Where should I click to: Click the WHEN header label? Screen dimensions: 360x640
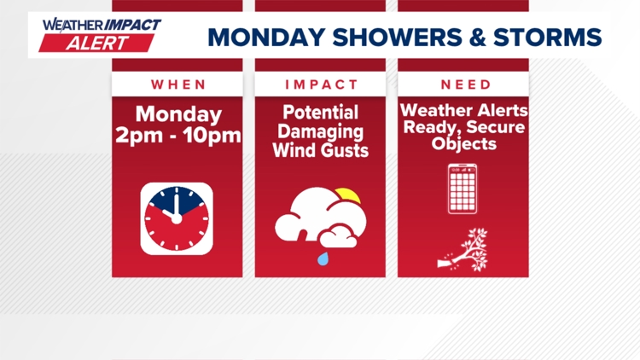[178, 84]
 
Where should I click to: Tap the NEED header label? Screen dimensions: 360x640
[466, 84]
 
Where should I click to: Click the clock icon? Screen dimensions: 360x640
[177, 218]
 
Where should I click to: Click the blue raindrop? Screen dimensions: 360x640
[323, 256]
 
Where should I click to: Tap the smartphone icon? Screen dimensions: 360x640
[463, 189]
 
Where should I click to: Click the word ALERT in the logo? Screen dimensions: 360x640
[101, 43]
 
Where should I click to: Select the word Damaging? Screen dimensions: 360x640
[320, 132]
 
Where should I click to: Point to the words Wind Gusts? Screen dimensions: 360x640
[320, 150]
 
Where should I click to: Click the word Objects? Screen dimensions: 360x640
[463, 144]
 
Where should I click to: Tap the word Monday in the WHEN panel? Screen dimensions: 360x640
[177, 113]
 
